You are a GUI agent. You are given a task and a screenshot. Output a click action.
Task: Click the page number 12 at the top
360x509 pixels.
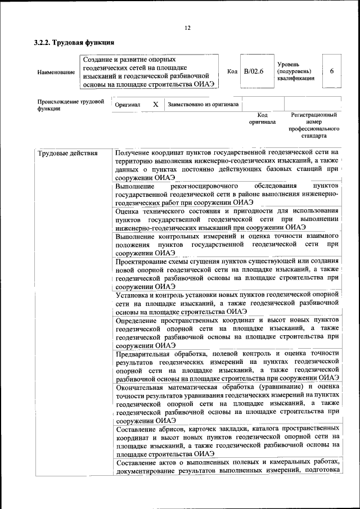coord(187,28)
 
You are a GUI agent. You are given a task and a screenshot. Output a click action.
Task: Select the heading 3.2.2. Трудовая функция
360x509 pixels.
coord(74,42)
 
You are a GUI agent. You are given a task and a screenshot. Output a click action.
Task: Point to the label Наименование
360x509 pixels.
coord(56,72)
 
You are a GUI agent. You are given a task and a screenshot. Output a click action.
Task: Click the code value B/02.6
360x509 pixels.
coord(254,71)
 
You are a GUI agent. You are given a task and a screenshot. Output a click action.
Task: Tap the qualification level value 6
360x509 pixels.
coord(332,71)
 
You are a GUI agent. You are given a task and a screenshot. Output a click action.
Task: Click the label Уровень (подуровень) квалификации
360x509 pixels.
coord(295,71)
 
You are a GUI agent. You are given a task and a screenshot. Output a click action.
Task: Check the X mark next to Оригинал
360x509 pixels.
coord(155,105)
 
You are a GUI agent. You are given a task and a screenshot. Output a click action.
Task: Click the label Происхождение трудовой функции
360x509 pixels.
coord(71,105)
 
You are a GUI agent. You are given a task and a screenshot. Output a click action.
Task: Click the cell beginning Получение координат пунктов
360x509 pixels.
coord(227,164)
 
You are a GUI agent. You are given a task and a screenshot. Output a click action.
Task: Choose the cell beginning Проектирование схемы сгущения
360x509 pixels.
coord(227,274)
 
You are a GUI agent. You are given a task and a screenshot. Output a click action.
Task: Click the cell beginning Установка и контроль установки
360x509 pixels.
coord(227,303)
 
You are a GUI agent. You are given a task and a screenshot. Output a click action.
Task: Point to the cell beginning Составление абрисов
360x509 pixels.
coord(227,440)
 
